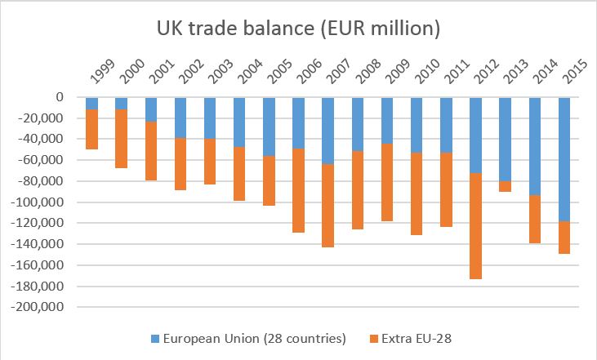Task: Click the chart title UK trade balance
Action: tap(299, 28)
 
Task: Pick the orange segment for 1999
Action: tap(91, 129)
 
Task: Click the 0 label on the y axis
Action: tap(60, 97)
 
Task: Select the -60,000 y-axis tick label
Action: tap(49, 160)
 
